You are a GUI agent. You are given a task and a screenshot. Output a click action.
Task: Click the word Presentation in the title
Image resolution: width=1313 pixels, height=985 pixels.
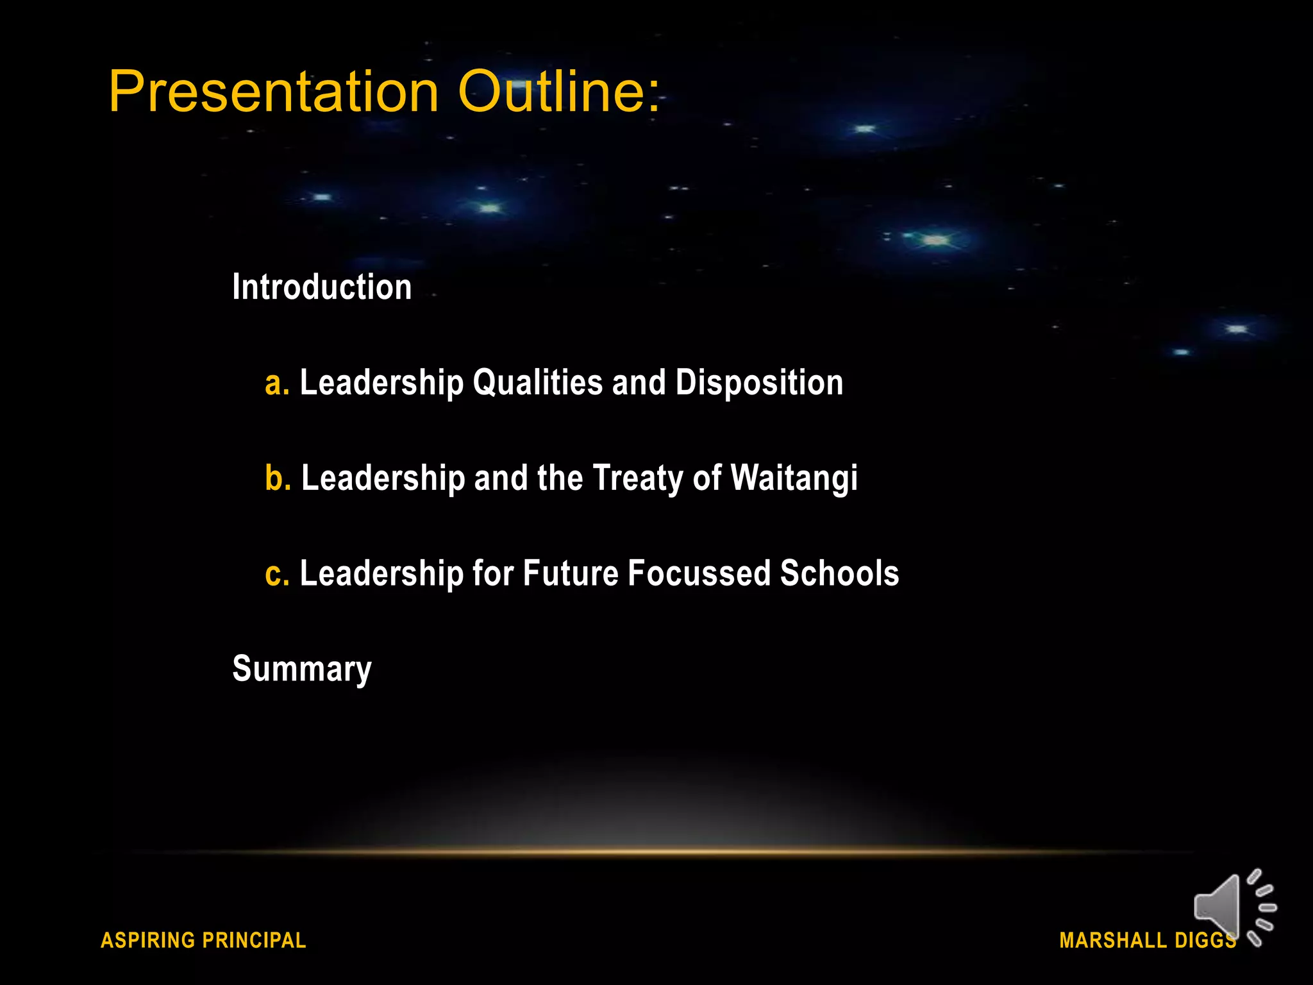click(x=274, y=92)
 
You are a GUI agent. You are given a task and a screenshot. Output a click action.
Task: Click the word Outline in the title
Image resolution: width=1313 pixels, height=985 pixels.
click(x=549, y=92)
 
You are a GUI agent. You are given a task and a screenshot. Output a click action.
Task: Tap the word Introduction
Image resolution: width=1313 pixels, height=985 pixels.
click(x=322, y=287)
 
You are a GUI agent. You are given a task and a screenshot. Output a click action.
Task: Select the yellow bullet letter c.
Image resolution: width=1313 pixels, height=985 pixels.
click(x=276, y=573)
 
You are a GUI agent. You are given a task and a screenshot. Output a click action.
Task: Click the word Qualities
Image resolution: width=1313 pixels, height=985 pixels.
click(x=537, y=383)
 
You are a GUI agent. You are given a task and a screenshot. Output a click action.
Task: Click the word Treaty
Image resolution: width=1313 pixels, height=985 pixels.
click(x=638, y=478)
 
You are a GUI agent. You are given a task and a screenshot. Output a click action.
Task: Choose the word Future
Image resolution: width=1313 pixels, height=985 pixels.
click(x=571, y=573)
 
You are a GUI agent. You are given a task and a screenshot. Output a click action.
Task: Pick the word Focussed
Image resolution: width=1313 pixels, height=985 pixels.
click(x=699, y=573)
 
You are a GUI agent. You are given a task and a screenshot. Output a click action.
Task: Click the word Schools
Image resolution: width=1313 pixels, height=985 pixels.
click(x=839, y=573)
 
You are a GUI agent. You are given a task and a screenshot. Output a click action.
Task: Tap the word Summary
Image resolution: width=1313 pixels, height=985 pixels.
click(x=302, y=669)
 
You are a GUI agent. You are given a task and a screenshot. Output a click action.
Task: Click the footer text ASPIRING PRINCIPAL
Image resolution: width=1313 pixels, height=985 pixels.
click(x=203, y=940)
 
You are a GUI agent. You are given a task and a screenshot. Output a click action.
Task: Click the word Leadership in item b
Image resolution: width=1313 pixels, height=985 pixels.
click(x=383, y=478)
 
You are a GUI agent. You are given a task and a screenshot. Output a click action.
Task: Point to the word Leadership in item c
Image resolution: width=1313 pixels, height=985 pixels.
click(x=381, y=573)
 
